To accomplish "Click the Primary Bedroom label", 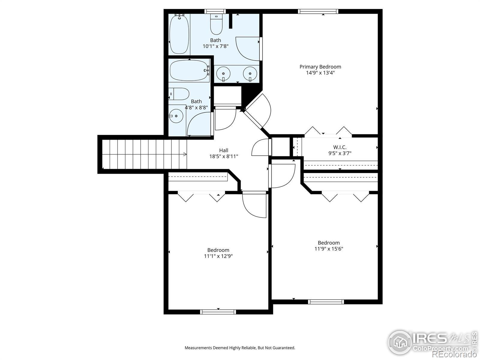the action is click(320, 67).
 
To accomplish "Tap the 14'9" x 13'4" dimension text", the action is click(320, 73).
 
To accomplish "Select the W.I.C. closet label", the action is click(340, 147).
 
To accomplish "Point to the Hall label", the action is click(223, 150).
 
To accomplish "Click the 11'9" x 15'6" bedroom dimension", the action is click(329, 249).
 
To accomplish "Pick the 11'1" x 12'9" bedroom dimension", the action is click(218, 256).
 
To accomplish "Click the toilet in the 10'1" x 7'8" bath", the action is click(216, 24).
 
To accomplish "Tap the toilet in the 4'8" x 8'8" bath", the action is click(179, 94).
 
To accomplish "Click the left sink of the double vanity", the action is click(223, 74).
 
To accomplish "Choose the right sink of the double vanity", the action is click(250, 74).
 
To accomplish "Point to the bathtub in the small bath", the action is click(189, 70).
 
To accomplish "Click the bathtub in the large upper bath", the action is click(179, 34).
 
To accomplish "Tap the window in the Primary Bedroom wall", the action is click(318, 11).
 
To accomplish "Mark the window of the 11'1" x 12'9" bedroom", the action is click(218, 312).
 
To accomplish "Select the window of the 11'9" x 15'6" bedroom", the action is click(326, 302).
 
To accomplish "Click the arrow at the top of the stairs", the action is click(185, 154).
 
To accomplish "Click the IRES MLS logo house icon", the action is click(400, 343).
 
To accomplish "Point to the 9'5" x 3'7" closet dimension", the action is click(340, 153).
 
